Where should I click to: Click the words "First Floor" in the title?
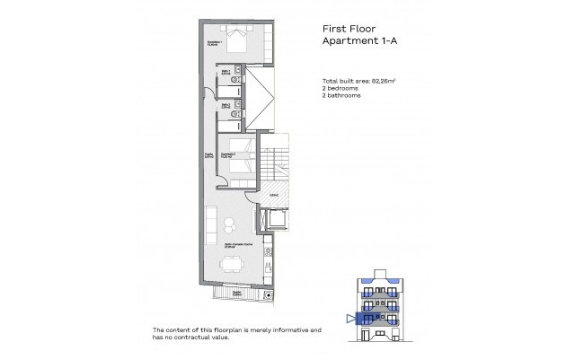[x=348, y=27]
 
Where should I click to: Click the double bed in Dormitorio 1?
[x=240, y=40]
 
